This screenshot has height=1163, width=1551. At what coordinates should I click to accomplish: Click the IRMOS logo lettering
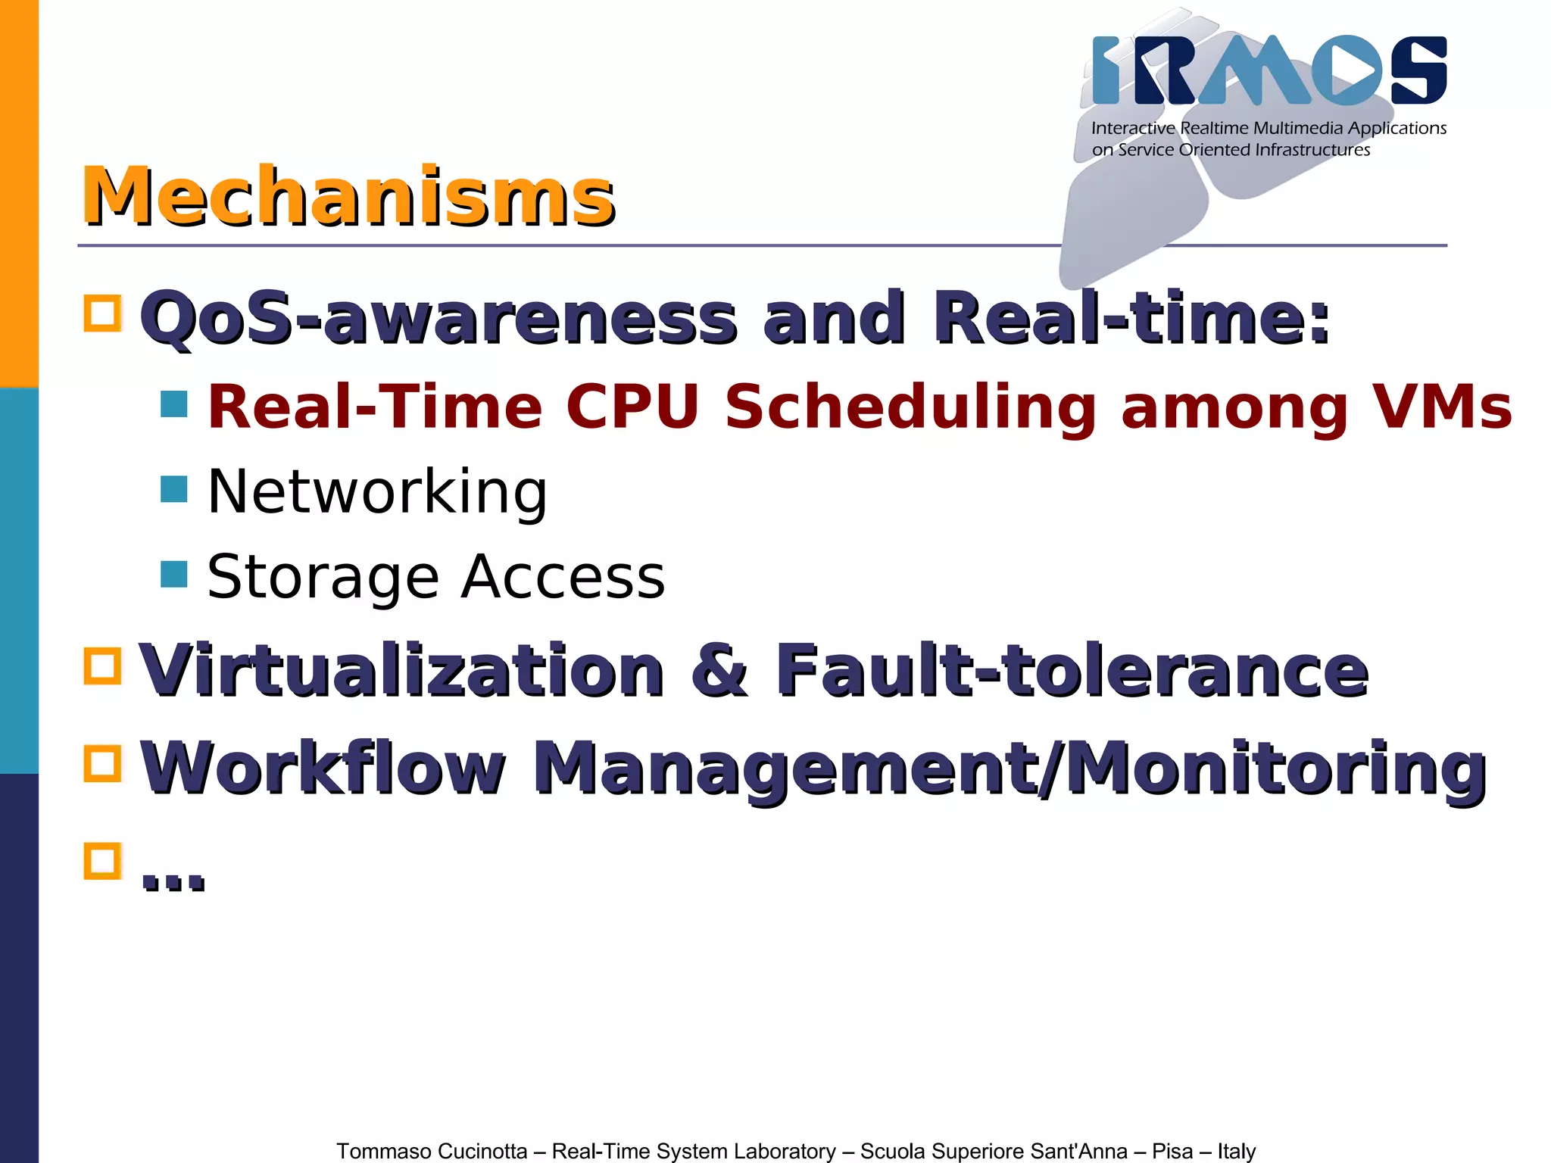(x=1269, y=70)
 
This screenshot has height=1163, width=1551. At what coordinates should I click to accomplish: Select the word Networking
(x=377, y=492)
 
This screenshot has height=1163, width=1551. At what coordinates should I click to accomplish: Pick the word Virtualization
(x=401, y=670)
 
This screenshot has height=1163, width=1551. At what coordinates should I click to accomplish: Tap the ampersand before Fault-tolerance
(x=719, y=670)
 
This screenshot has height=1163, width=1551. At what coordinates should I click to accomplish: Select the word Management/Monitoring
(x=1010, y=769)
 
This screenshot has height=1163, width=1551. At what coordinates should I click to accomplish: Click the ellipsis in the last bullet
(x=173, y=878)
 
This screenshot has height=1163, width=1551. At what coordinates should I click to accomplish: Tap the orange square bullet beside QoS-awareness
(x=103, y=313)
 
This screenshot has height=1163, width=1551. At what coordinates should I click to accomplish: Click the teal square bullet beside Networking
(x=174, y=489)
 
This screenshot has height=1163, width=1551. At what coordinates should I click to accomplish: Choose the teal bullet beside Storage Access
(x=174, y=574)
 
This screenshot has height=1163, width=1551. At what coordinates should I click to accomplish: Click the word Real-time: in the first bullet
(x=1131, y=317)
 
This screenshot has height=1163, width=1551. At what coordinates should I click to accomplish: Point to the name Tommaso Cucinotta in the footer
(x=432, y=1151)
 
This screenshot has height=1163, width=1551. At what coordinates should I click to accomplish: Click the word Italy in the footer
(x=1236, y=1151)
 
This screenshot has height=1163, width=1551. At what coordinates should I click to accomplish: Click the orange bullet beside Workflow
(x=103, y=763)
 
